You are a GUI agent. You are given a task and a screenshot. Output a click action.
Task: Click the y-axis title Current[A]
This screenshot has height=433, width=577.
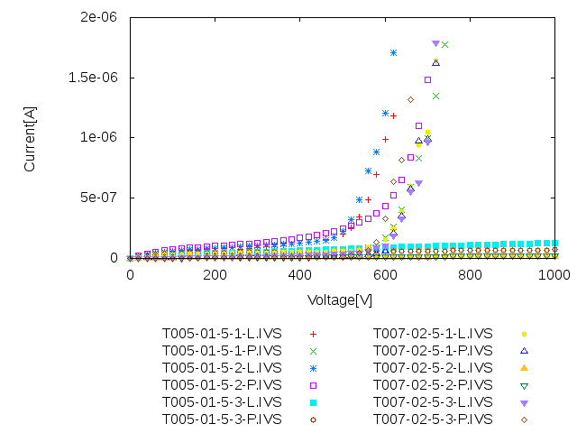[30, 137]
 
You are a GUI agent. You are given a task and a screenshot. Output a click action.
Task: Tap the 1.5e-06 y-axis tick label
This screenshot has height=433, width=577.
[94, 78]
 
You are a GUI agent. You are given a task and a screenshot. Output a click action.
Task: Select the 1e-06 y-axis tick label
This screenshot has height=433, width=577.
[100, 137]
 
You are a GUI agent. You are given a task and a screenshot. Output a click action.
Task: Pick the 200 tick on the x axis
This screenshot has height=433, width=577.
[215, 273]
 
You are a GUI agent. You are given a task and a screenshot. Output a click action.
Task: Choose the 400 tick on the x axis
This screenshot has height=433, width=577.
[300, 273]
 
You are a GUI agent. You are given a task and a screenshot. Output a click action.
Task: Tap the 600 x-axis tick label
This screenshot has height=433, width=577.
[385, 273]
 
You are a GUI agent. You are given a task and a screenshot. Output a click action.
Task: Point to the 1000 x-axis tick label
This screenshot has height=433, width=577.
[554, 273]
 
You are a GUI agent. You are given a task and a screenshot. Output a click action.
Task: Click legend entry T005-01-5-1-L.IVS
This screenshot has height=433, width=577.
[222, 333]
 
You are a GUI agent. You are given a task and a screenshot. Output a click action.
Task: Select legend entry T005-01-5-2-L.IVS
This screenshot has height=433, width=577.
[222, 367]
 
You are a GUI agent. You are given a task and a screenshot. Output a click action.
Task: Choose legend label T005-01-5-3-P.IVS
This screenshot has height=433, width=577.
[222, 419]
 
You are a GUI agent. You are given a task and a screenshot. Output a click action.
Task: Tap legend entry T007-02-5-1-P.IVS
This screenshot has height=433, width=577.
[433, 350]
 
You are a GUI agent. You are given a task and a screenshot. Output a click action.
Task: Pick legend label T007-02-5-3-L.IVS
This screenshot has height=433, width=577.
[433, 401]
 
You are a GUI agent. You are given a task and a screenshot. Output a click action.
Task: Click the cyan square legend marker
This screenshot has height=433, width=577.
[314, 401]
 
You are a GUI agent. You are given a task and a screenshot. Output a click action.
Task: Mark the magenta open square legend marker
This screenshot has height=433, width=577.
[314, 384]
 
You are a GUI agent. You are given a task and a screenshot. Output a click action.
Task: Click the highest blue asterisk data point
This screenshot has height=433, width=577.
[394, 52]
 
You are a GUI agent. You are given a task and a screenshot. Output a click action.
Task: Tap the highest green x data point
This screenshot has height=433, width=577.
[444, 44]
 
